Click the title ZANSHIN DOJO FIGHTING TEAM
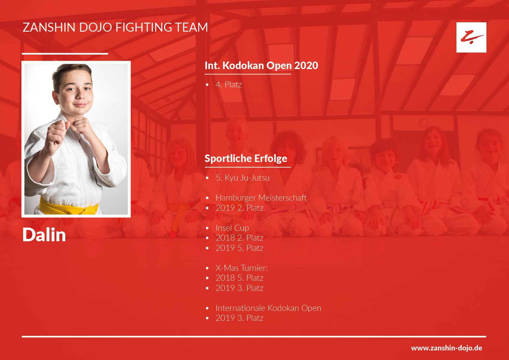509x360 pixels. pyautogui.click(x=115, y=27)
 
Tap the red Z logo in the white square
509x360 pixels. pyautogui.click(x=471, y=37)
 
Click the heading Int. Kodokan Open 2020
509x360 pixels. pyautogui.click(x=261, y=66)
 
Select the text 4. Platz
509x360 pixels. pyautogui.click(x=229, y=84)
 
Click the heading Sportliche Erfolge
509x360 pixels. pyautogui.click(x=246, y=159)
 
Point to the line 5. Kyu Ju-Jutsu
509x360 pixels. pyautogui.click(x=243, y=177)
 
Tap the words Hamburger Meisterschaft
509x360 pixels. pyautogui.click(x=261, y=198)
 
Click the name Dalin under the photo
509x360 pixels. pyautogui.click(x=44, y=235)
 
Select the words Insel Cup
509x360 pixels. pyautogui.click(x=232, y=228)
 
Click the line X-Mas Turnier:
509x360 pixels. pyautogui.click(x=241, y=268)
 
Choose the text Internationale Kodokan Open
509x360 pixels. pyautogui.click(x=268, y=308)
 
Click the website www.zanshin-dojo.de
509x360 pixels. pyautogui.click(x=447, y=348)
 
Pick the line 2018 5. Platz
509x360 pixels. pyautogui.click(x=239, y=278)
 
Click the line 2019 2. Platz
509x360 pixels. pyautogui.click(x=239, y=208)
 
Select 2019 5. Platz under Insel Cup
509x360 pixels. pyautogui.click(x=239, y=248)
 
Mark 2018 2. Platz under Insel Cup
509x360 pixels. pyautogui.click(x=239, y=238)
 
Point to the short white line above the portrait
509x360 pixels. pyautogui.click(x=65, y=54)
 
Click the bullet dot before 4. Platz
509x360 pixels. pyautogui.click(x=207, y=85)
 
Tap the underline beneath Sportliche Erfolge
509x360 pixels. pyautogui.click(x=248, y=167)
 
